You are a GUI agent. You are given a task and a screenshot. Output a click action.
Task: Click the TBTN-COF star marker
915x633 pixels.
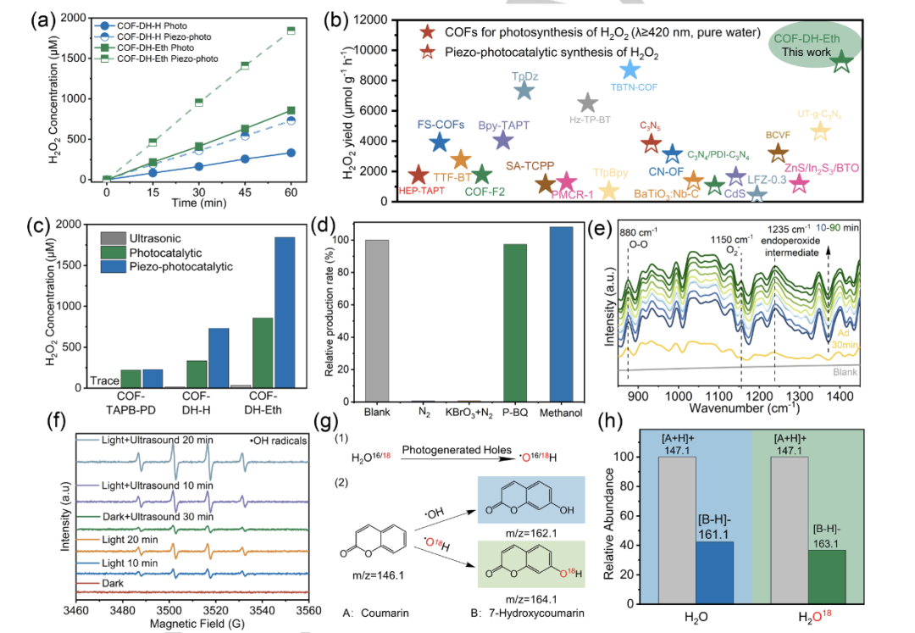630,70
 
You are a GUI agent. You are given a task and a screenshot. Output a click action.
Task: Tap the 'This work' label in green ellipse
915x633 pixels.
806,53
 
